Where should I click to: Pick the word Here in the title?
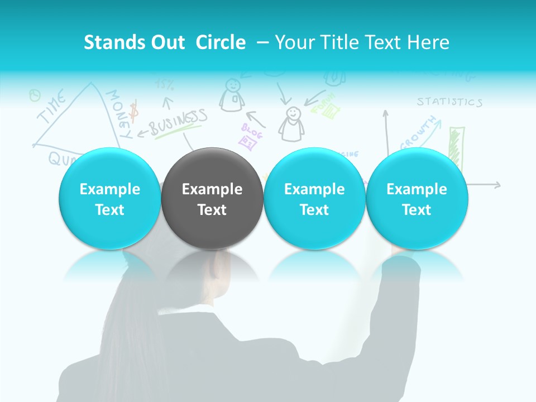pos(428,42)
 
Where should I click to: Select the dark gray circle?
pos(212,199)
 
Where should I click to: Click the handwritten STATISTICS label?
pos(449,102)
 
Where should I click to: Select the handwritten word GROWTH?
pos(418,133)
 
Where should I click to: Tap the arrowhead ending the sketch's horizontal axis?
pos(497,185)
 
